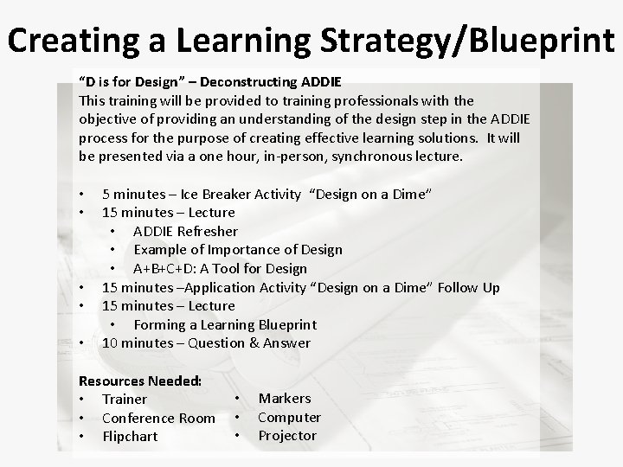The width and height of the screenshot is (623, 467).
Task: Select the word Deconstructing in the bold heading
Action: point(254,82)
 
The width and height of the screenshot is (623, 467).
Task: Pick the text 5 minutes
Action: point(135,194)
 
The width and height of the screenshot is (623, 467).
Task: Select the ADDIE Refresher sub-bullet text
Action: point(185,231)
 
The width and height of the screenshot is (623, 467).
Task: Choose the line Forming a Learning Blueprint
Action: point(225,324)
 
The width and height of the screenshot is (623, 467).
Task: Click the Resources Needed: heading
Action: point(140,381)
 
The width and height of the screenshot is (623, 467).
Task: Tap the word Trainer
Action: point(125,400)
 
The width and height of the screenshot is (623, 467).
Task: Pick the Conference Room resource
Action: point(158,418)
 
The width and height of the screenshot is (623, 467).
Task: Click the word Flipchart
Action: point(130,437)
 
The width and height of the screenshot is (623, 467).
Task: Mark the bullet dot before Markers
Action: point(237,399)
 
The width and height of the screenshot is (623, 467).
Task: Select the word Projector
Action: point(287,436)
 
